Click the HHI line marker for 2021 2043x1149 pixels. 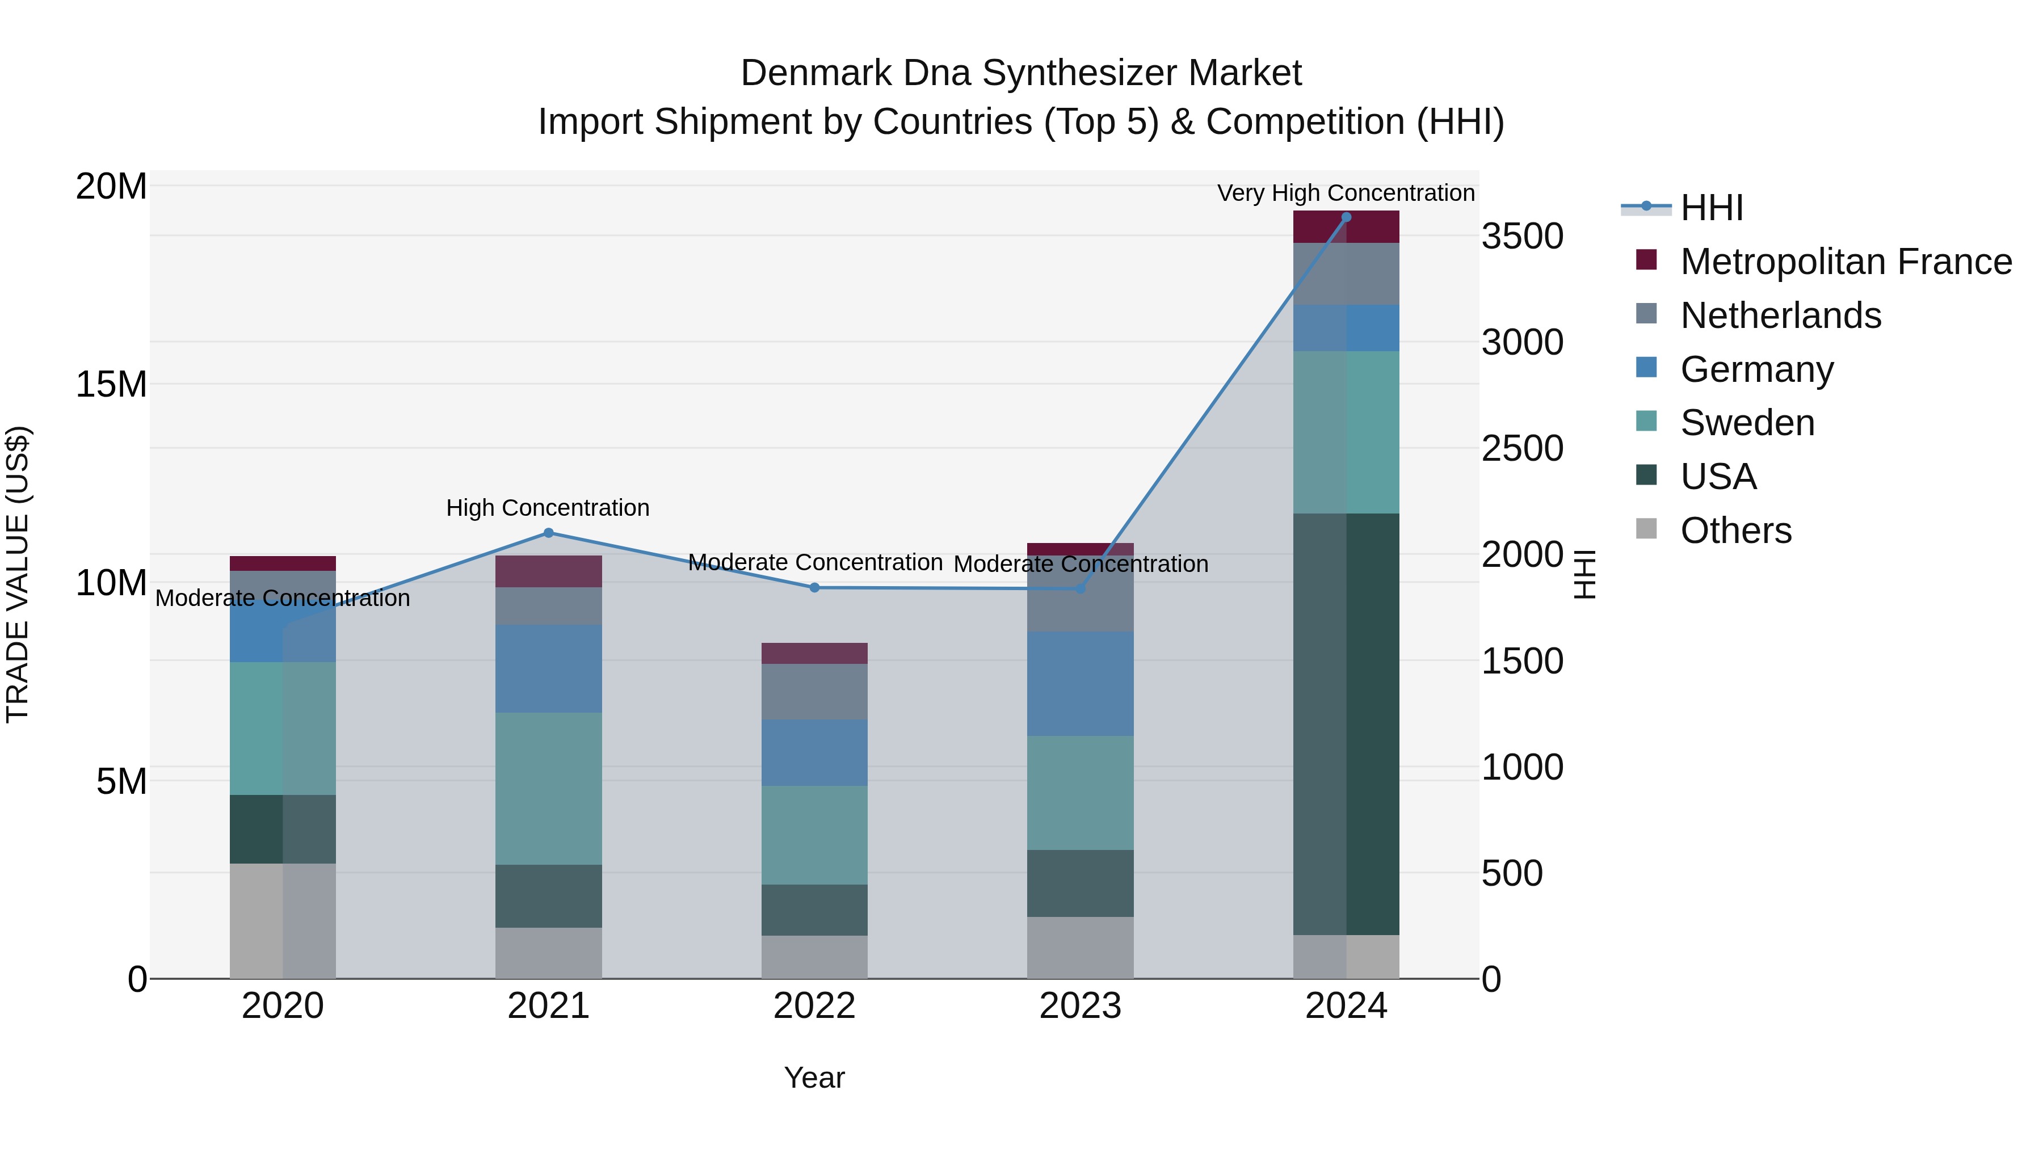pos(548,533)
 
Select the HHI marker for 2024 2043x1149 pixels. pos(1346,217)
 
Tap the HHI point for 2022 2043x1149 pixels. pos(814,588)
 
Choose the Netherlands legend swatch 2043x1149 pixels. pos(1646,314)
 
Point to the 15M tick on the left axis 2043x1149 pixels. pos(111,385)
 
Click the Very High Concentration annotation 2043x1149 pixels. pos(1346,193)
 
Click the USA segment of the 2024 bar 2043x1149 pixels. pos(1346,723)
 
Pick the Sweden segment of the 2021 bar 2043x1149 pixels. pos(548,788)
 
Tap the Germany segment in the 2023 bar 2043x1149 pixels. pos(1080,684)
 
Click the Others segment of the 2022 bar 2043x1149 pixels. pos(814,957)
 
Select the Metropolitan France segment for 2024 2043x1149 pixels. pos(1346,227)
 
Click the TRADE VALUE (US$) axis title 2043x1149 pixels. pos(18,574)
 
